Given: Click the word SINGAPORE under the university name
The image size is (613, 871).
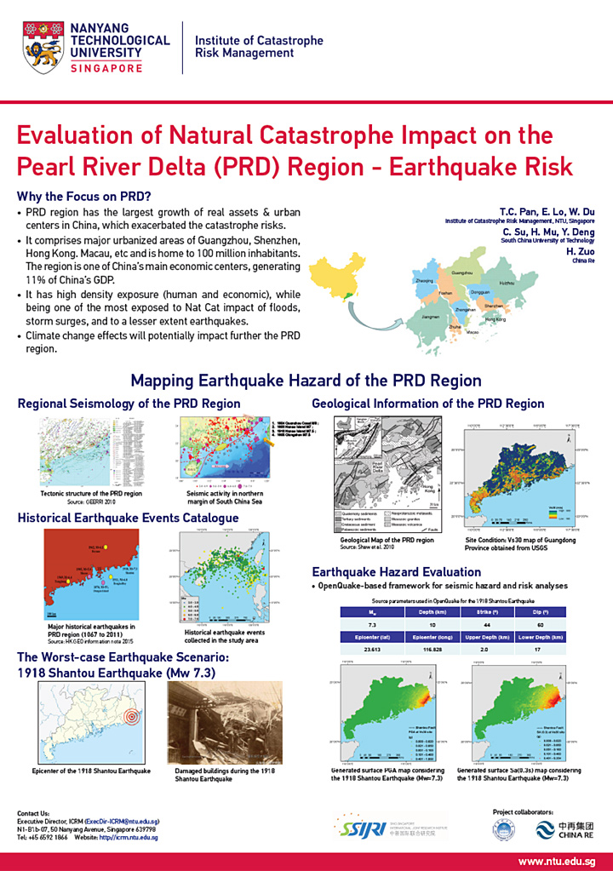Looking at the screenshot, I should point(107,68).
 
